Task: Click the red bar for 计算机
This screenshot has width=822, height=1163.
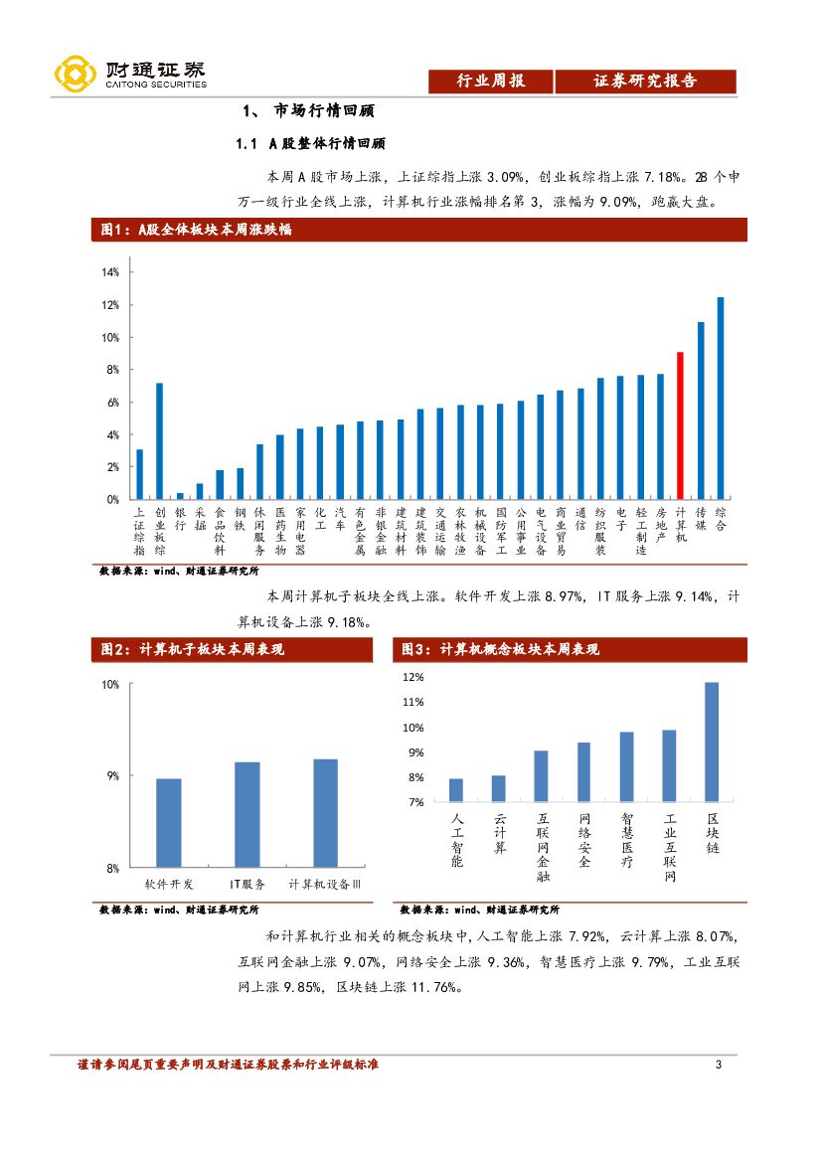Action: tap(680, 425)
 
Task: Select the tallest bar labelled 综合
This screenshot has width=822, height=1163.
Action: tap(720, 398)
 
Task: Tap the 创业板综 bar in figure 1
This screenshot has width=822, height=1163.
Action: tap(159, 440)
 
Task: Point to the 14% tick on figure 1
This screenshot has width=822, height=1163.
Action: tap(109, 271)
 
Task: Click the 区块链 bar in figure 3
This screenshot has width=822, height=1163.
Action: tap(712, 742)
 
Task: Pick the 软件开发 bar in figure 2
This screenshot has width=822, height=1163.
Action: tap(169, 823)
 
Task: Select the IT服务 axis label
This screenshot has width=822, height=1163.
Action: tap(247, 884)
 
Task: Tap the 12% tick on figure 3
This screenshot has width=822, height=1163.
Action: tap(412, 677)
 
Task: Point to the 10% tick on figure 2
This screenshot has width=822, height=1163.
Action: tap(109, 685)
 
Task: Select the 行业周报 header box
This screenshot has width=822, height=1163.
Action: tap(490, 82)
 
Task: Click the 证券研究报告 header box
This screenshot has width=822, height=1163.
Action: tap(645, 82)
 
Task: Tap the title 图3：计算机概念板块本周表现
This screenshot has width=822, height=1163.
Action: tap(500, 649)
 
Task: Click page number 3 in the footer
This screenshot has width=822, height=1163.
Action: tap(718, 1066)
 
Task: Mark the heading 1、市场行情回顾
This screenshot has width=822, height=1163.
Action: tap(308, 110)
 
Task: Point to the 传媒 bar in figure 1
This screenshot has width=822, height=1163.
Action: tap(700, 411)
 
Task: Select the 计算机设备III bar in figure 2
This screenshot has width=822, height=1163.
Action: tap(325, 813)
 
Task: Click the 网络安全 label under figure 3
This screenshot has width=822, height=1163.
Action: tap(584, 840)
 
